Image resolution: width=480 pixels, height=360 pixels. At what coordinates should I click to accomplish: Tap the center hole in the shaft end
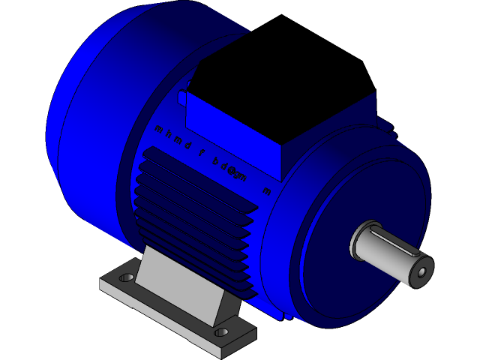coord(421,271)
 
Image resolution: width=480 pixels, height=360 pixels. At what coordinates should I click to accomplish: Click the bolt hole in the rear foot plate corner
coord(126,278)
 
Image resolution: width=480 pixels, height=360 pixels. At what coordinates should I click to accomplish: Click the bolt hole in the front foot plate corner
coord(221,331)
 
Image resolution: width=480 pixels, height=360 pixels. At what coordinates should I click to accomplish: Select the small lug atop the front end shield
coord(388,127)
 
